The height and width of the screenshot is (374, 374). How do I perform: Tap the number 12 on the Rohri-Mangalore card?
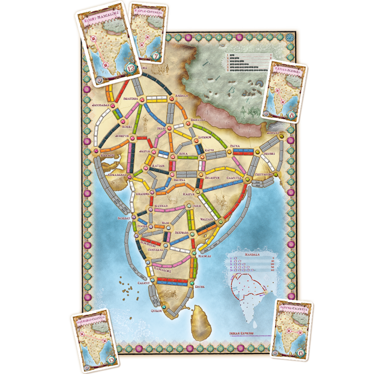click(x=133, y=69)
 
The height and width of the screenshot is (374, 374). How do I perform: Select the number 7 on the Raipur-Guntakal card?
click(x=155, y=56)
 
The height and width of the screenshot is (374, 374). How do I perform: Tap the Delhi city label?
click(x=162, y=129)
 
